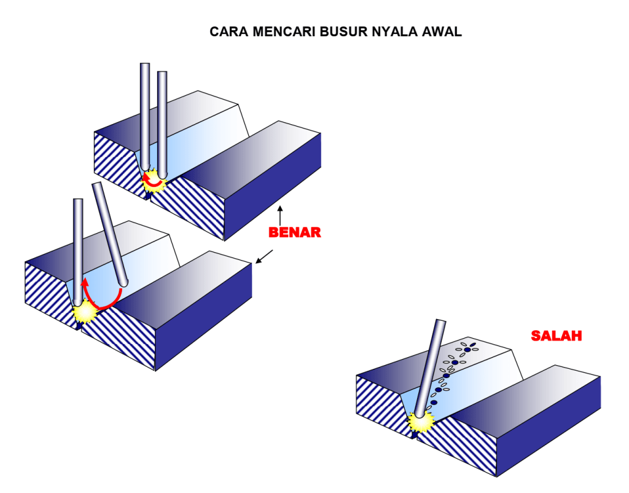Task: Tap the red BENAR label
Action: coord(295,233)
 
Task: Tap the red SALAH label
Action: coord(557,336)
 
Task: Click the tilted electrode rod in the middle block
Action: coord(109,234)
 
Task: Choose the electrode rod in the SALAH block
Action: coord(430,369)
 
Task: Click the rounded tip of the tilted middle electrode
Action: coord(123,282)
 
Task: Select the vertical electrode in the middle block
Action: coord(78,252)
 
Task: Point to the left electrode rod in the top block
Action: coord(145,117)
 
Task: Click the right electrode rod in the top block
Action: coord(162,123)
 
